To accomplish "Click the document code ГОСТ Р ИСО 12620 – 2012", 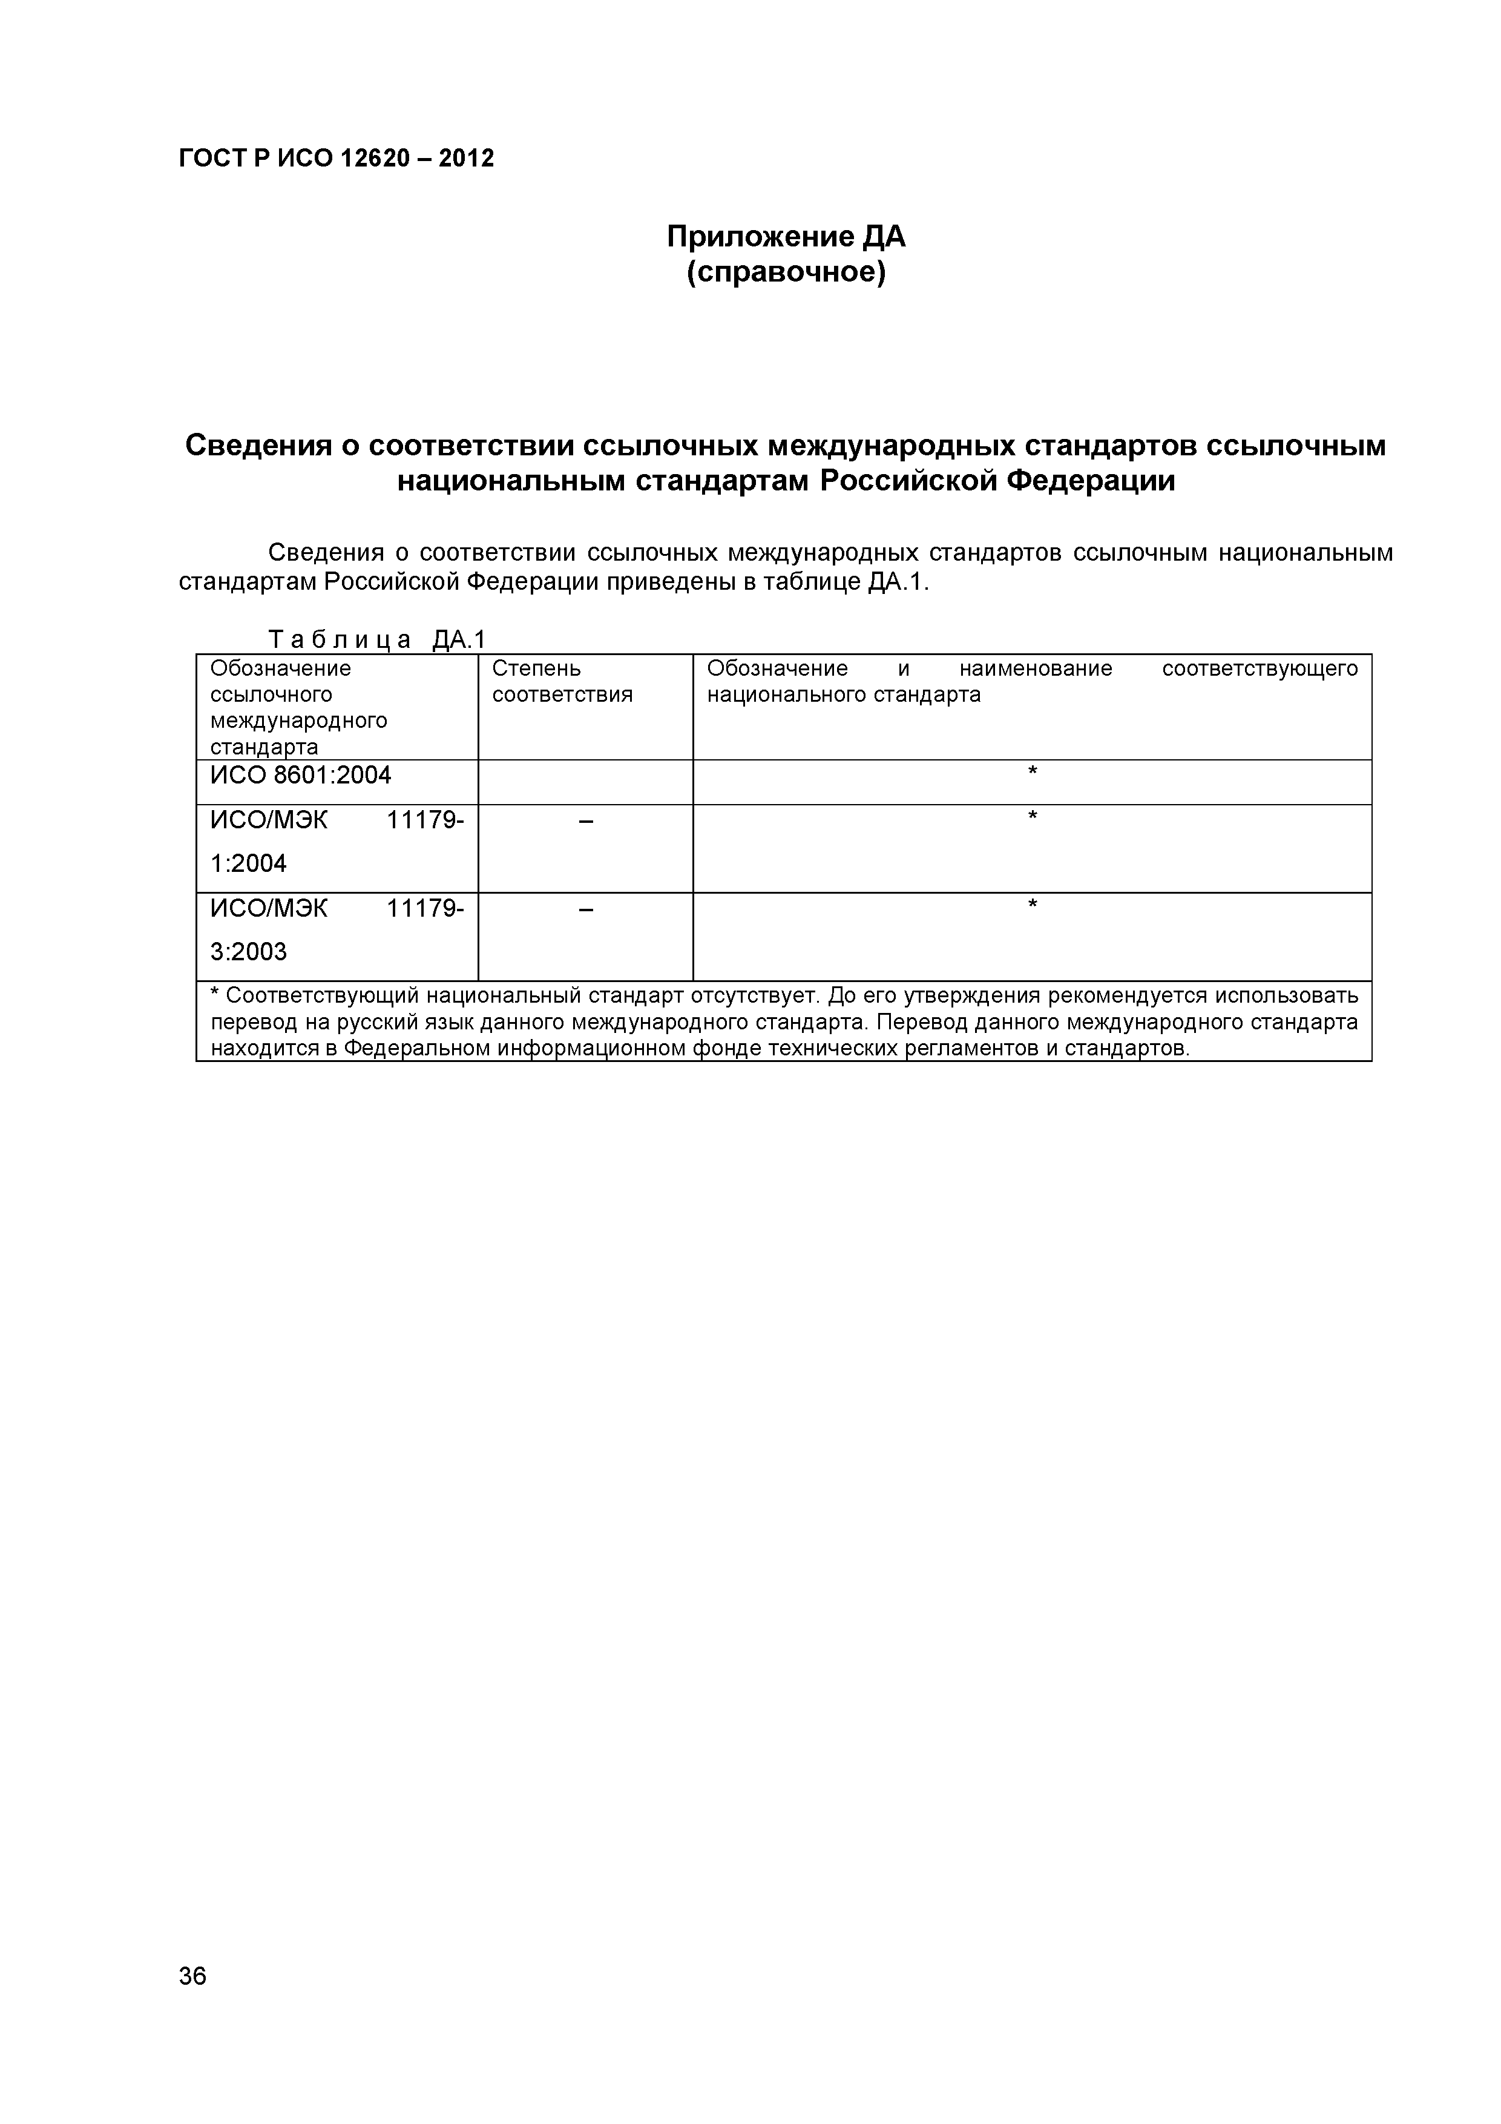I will click(x=336, y=158).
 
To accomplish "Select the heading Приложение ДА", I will click(x=786, y=238).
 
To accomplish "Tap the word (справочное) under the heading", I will click(x=786, y=274).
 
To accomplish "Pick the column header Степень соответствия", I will click(x=562, y=682).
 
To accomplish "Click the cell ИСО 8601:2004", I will click(x=301, y=775).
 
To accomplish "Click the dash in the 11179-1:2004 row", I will click(x=585, y=820).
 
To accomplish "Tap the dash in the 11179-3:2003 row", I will click(x=585, y=909).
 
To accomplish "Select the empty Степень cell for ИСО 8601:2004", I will click(x=585, y=782).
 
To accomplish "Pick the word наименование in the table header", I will click(x=1035, y=668).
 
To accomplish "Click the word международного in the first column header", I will click(x=299, y=720).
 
